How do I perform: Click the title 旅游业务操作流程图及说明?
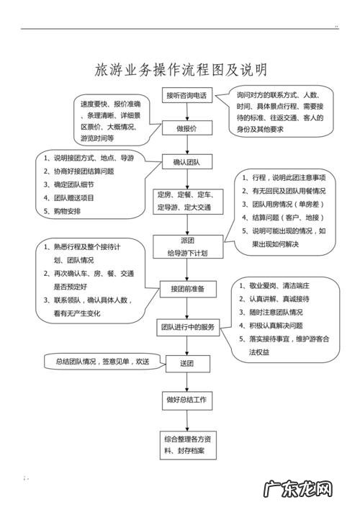coord(181,70)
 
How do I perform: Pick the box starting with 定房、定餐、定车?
coord(189,200)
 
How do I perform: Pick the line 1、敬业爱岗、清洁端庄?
coord(281,286)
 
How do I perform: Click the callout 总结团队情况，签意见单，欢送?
coord(96,361)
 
